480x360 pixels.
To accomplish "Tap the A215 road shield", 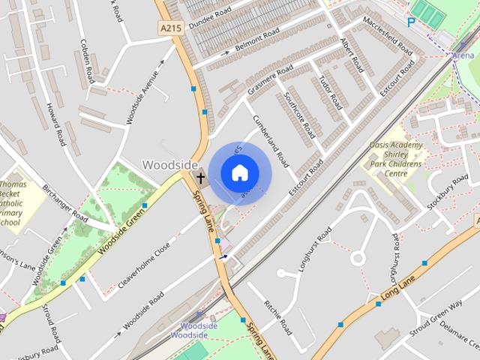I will tap(171, 28).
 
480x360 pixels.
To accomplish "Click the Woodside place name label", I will tap(170, 165).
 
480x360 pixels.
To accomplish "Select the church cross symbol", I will tap(200, 178).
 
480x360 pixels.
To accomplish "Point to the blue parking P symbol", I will tap(410, 22).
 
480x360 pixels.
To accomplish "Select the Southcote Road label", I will tap(299, 112).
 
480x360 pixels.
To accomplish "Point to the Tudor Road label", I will tap(330, 92).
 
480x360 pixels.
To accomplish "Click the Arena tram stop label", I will tap(463, 55).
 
